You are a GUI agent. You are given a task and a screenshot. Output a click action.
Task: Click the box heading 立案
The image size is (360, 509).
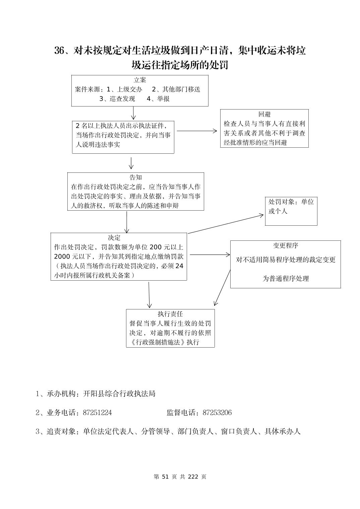click(x=140, y=80)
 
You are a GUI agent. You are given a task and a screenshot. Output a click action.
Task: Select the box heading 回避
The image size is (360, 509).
click(x=264, y=115)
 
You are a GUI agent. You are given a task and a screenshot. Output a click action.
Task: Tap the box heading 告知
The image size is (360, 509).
click(x=136, y=177)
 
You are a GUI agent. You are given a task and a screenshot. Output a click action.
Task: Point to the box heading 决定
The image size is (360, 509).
click(x=114, y=238)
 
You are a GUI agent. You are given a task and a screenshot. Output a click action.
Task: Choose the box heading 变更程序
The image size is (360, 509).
click(x=285, y=245)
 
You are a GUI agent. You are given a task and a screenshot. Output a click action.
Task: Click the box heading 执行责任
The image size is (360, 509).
click(x=170, y=314)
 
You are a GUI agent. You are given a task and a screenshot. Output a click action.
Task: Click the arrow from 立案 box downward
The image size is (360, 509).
click(x=133, y=113)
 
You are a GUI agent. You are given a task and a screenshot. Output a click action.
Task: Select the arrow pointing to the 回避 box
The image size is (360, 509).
click(x=197, y=131)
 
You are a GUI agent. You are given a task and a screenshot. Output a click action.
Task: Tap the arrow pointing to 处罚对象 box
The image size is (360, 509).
click(x=226, y=224)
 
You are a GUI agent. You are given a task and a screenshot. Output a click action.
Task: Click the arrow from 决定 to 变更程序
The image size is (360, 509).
click(x=209, y=255)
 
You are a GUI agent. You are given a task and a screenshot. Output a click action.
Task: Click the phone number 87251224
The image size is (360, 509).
click(x=97, y=413)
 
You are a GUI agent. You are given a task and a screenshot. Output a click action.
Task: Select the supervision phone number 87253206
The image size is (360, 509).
click(x=217, y=413)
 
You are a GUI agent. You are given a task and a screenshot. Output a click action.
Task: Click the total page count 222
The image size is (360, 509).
click(x=193, y=477)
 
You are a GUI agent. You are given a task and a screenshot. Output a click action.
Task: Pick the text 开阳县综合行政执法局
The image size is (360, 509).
click(x=119, y=394)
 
